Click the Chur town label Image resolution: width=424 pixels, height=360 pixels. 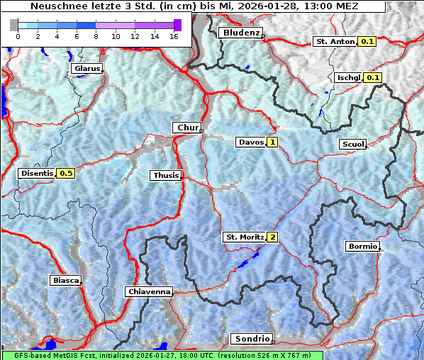pos(187,128)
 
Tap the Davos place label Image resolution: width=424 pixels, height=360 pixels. pos(251,142)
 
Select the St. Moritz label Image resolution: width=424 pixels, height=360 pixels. pos(244,237)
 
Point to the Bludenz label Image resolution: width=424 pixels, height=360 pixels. pos(240,33)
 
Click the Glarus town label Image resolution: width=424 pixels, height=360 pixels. pos(86,69)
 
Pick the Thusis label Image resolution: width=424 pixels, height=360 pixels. pos(166,175)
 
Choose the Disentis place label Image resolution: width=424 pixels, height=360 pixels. pos(37,173)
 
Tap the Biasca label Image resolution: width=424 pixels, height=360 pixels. pos(65,280)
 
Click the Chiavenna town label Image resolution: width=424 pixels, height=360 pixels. pos(149,291)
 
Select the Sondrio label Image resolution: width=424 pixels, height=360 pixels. pos(252,339)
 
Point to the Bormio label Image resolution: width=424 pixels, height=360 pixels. pos(362,247)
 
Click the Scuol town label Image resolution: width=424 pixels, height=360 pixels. pos(352,145)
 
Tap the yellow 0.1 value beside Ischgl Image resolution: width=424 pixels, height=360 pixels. pos(373,77)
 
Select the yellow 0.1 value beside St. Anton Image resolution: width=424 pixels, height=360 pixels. pos(367,42)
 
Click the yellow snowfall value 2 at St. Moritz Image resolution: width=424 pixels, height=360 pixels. pos(272,237)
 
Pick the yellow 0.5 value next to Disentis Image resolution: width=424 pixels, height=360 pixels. pos(66,173)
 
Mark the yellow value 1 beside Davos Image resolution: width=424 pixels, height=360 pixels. pos(272,142)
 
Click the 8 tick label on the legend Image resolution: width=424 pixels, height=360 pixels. pos(96,36)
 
